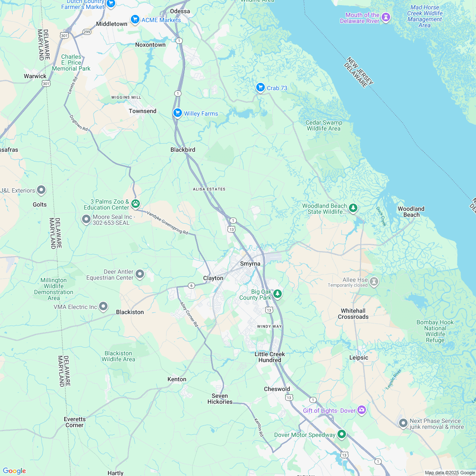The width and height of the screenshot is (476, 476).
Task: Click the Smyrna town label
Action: coord(250,263)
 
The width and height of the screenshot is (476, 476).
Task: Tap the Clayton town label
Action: coord(213,278)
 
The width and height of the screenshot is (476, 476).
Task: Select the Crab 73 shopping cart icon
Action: coord(261,88)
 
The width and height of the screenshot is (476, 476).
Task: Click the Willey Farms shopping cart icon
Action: coord(177,113)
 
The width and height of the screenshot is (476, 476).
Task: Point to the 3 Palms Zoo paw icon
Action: coord(136,204)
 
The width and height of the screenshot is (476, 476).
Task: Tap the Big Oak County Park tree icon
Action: coord(278,293)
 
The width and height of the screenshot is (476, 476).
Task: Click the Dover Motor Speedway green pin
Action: coord(342,434)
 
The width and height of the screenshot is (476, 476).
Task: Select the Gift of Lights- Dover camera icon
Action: coord(362,410)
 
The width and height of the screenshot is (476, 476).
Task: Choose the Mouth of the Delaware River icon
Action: coord(386,17)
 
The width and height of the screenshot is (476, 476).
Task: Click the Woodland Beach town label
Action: coord(411,212)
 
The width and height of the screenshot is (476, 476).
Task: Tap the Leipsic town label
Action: coord(359,357)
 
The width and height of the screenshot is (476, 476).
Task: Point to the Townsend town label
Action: coord(142,111)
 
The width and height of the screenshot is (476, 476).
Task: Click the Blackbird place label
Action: coord(183,150)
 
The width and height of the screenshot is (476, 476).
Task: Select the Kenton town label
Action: coord(177,379)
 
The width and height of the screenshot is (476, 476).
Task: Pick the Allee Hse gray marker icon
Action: coord(374,281)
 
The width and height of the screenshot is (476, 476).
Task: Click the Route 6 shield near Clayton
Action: coord(192,285)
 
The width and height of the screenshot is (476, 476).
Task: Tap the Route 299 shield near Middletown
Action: coord(87,32)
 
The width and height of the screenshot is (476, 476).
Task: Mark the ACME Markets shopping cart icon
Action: coord(135,19)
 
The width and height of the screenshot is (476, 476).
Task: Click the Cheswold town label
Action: coord(277,389)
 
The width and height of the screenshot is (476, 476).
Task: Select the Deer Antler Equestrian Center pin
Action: coord(140,274)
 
